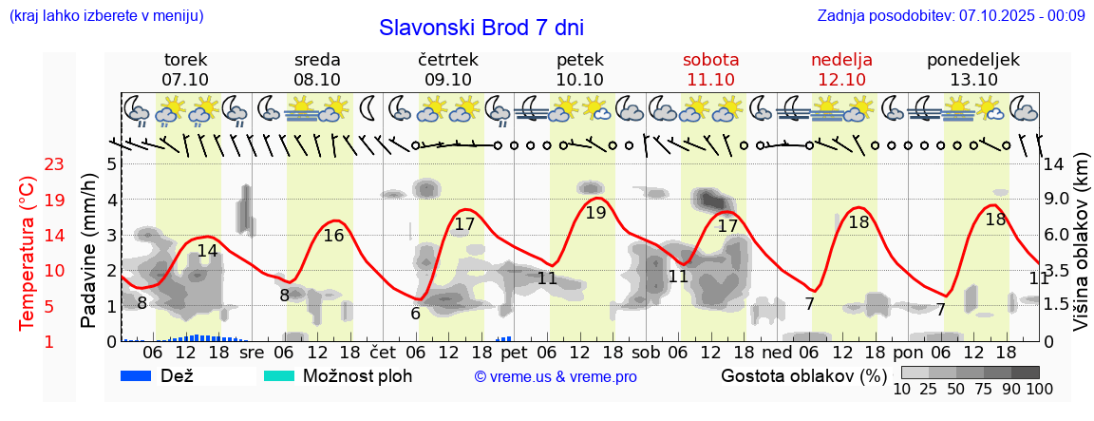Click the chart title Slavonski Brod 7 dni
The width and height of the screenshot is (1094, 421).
(481, 27)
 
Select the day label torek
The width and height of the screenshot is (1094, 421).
(185, 60)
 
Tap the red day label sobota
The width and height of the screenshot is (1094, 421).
(710, 60)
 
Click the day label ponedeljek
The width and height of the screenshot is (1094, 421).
(973, 60)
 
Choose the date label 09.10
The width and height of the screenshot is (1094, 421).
(448, 80)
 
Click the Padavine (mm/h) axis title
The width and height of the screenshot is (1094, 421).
(88, 251)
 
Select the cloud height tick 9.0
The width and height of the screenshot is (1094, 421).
(1057, 200)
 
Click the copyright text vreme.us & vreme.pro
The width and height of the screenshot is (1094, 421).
(556, 376)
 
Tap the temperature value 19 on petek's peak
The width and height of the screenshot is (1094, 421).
(595, 213)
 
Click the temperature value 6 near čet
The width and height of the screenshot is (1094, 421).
(415, 314)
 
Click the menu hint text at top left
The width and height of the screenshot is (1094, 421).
(105, 16)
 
